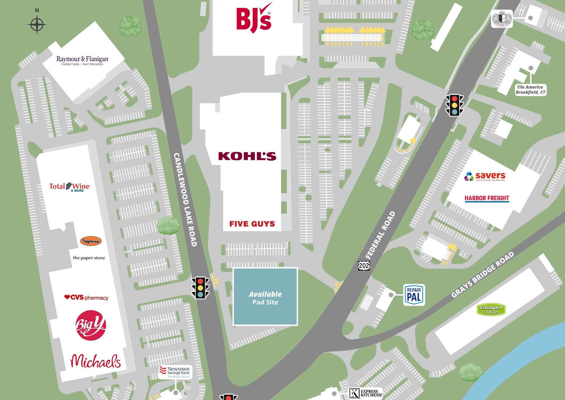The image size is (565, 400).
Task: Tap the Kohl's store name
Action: point(247,156)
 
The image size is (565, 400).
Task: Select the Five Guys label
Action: point(252,224)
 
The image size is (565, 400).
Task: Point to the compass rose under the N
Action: point(37,25)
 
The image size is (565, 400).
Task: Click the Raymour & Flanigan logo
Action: point(82,60)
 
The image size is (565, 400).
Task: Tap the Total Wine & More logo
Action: point(70,187)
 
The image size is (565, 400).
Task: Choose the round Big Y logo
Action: point(90,325)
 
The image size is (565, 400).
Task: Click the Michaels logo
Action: point(95,361)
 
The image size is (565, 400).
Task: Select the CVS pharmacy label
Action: point(86,298)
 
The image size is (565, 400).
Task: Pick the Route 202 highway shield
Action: point(364,266)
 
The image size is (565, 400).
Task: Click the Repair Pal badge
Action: point(414,295)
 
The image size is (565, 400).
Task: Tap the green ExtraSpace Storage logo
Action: point(491,310)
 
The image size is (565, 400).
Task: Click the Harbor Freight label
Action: point(487,198)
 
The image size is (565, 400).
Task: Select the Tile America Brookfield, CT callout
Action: point(530,90)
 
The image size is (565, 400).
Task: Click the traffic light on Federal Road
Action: point(454,105)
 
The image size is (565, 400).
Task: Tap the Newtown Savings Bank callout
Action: point(175,372)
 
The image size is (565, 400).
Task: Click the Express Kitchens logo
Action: point(366,393)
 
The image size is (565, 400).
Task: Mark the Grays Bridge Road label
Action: point(483,275)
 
